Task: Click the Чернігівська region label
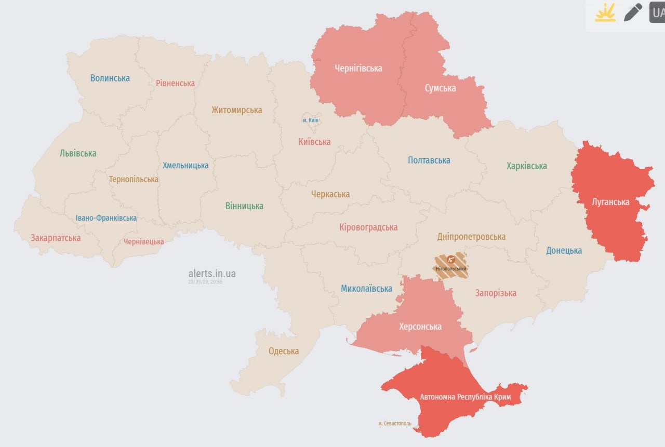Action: pos(358,69)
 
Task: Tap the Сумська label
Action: pos(440,88)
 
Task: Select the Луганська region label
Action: pos(610,202)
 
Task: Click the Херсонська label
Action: pos(420,327)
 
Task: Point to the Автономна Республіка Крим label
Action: pos(465,397)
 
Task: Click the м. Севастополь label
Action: pos(395,424)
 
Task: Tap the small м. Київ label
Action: pos(311,120)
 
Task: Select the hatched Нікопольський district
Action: pos(450,266)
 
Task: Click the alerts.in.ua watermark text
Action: pos(212,273)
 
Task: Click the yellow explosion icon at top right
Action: pos(605,12)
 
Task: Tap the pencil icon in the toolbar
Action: pos(633,12)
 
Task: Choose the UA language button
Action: pos(657,12)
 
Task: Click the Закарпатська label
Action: pos(56,238)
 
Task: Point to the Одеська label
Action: pos(284,351)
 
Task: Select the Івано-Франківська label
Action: pos(106,218)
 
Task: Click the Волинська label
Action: pos(110,78)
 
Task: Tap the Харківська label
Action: pos(527,166)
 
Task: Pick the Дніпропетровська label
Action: pos(471,237)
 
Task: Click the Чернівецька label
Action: pos(143,241)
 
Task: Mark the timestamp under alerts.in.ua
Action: pos(205,282)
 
